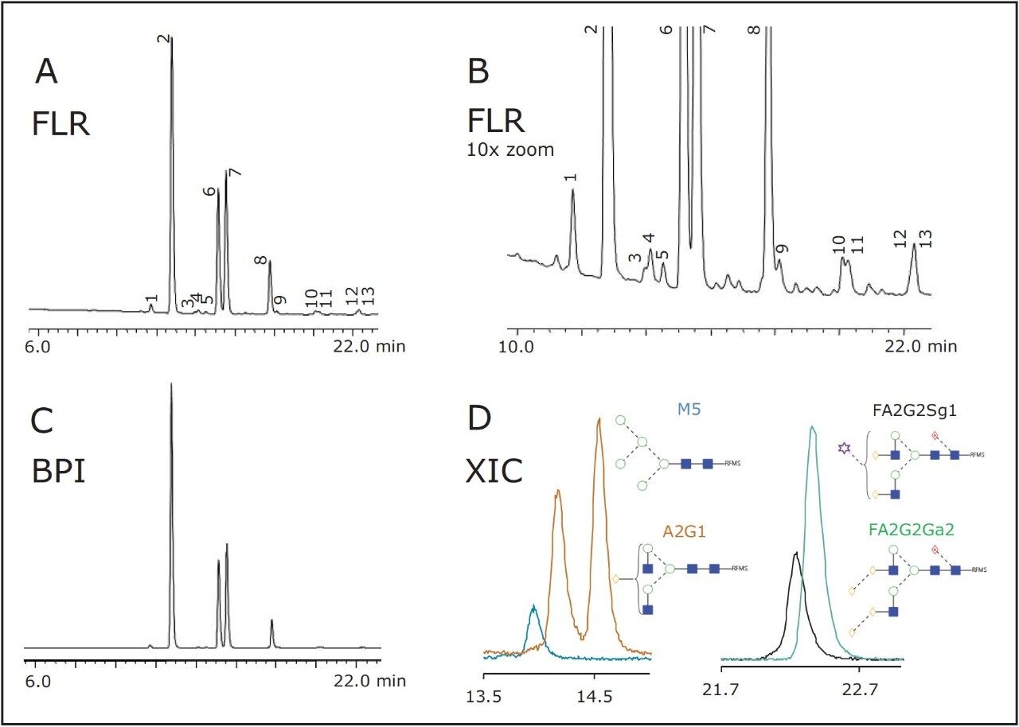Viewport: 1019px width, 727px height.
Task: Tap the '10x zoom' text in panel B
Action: pyautogui.click(x=509, y=149)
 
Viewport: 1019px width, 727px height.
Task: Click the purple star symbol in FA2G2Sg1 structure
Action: pyautogui.click(x=843, y=449)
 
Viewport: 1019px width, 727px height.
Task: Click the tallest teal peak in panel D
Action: pyautogui.click(x=812, y=430)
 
